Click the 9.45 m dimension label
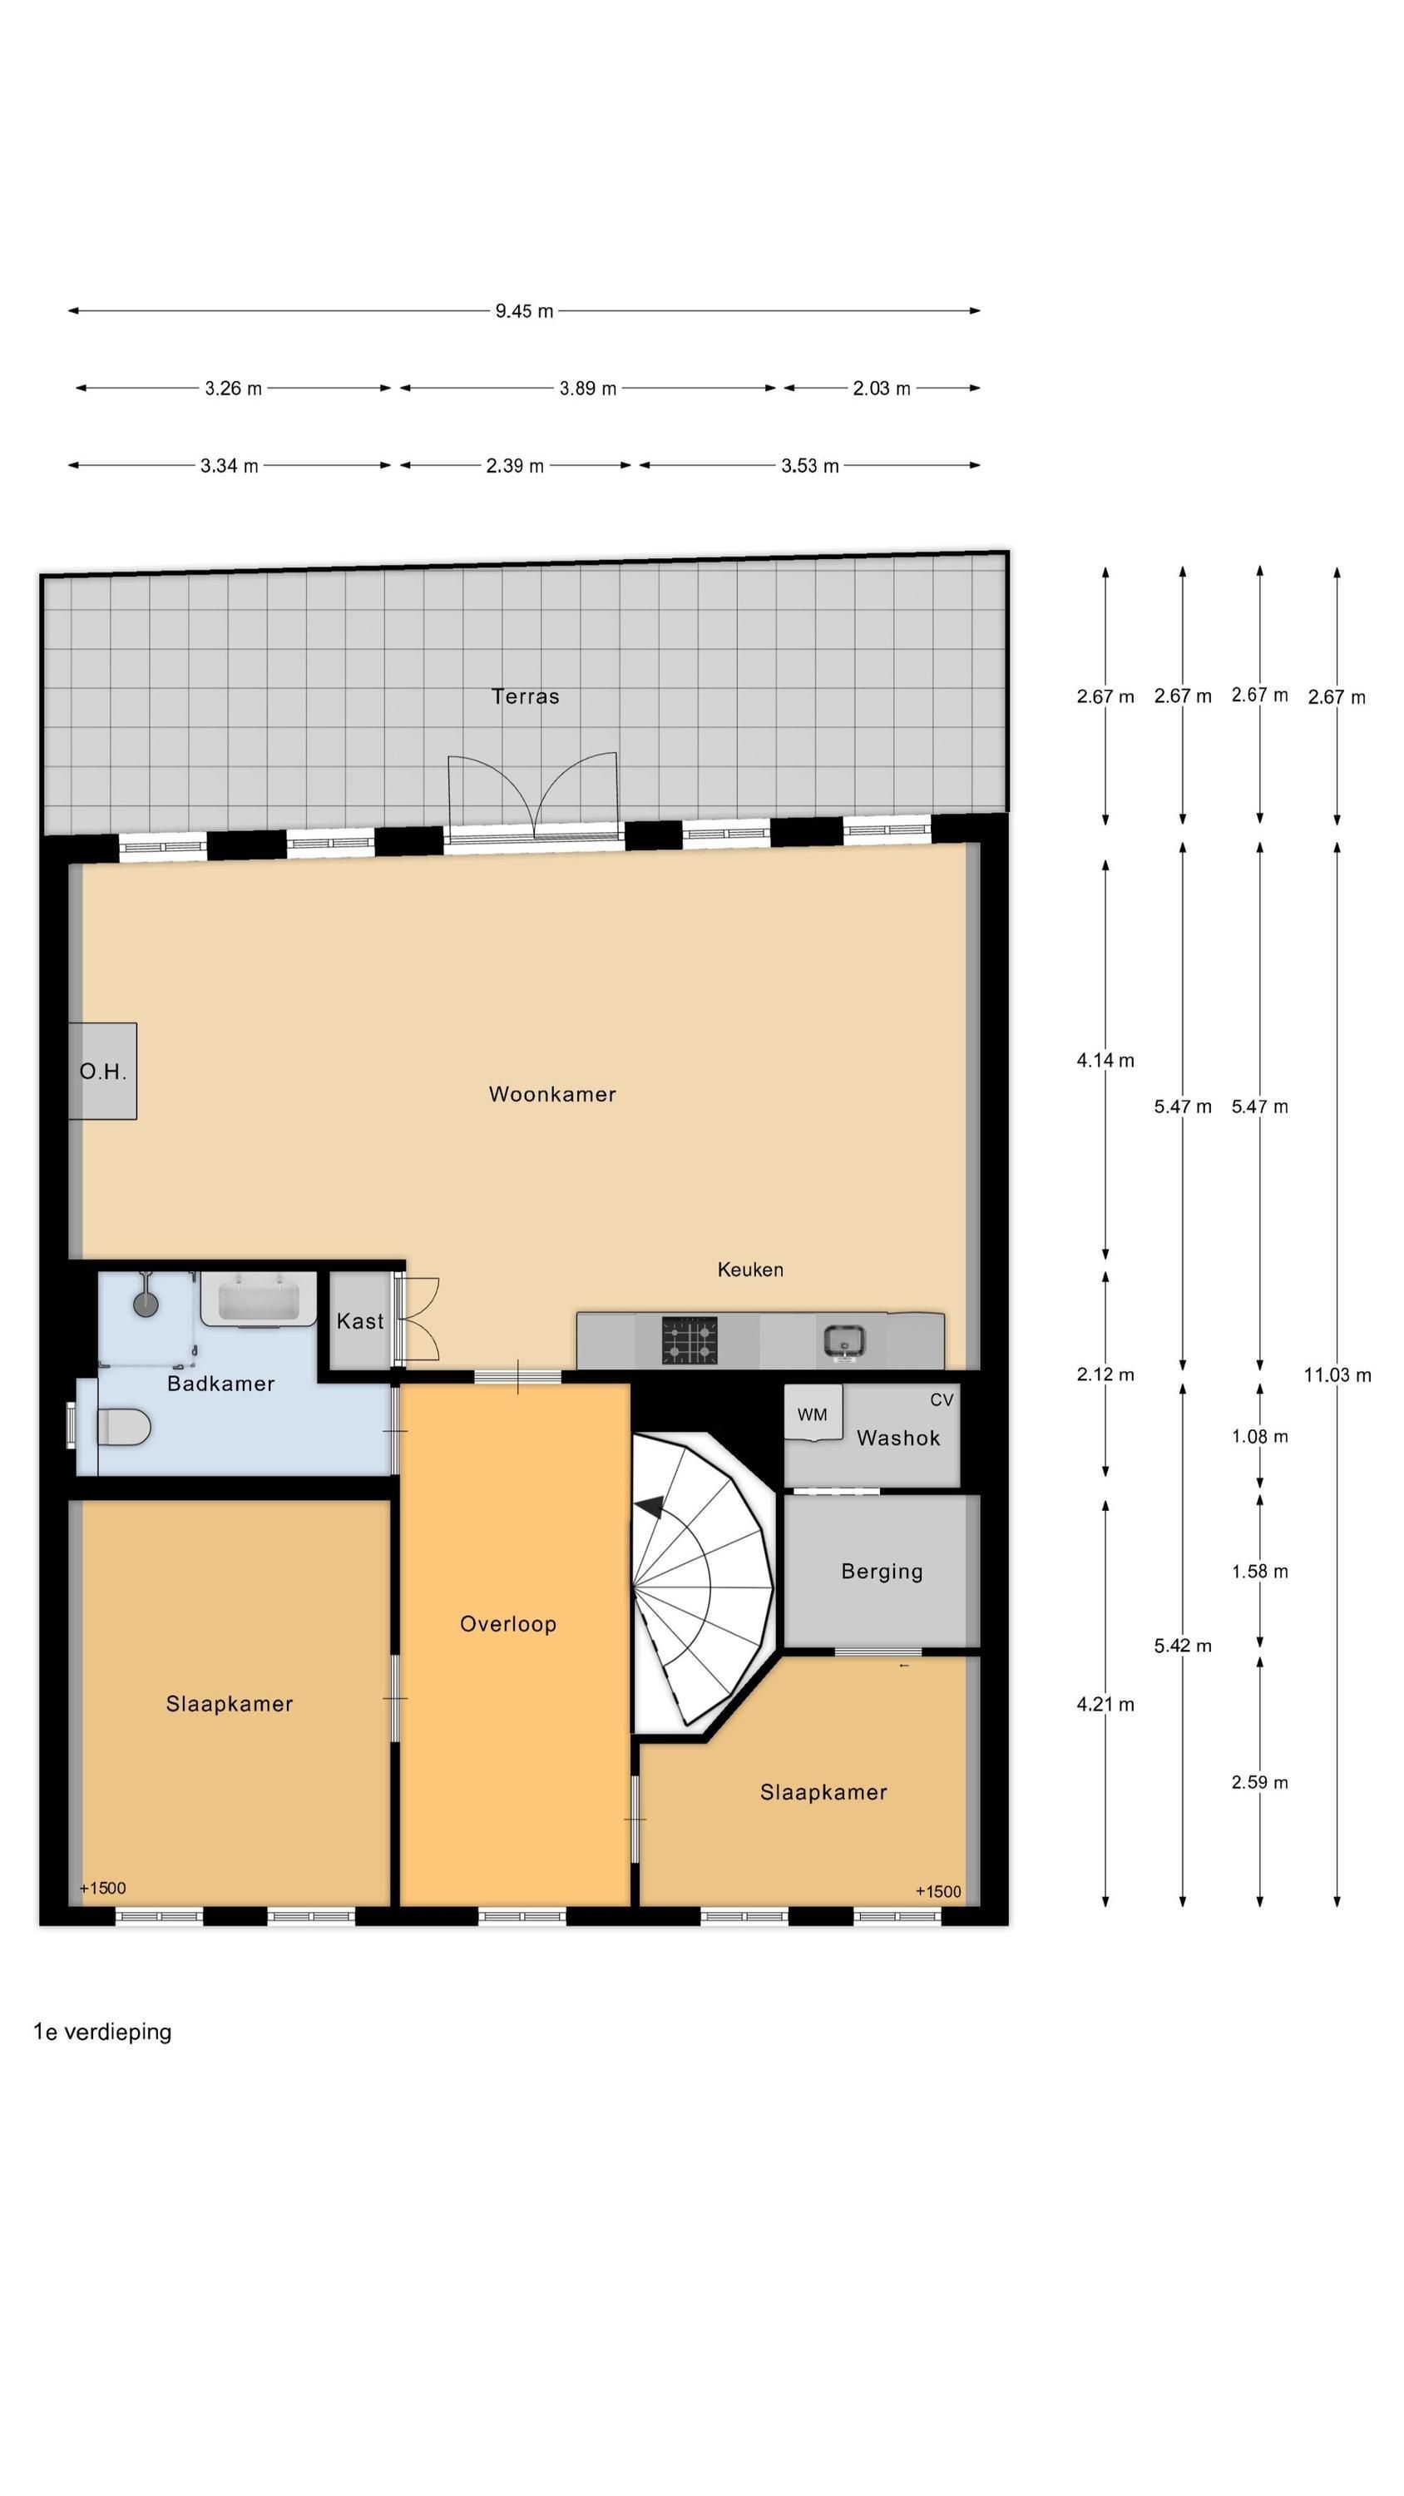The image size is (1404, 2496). point(524,311)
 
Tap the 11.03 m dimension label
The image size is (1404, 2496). point(1336,1374)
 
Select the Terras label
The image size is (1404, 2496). point(525,696)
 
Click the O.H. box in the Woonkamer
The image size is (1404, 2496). point(102,1071)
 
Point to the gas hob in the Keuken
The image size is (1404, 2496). point(689,1340)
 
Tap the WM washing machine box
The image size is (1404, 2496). point(812,1414)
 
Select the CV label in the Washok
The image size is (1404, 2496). point(941,1399)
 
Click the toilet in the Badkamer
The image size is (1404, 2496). point(123,1427)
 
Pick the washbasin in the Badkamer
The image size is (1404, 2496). point(258,1300)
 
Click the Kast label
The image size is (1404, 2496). point(359,1320)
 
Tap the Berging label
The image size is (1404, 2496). point(881,1571)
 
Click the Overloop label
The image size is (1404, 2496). point(507,1624)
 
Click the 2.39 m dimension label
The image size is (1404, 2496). point(515,466)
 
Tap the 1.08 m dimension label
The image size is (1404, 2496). point(1258,1436)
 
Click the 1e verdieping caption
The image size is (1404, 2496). point(102,2032)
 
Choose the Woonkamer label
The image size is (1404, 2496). point(552,1094)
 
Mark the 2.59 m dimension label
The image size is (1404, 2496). point(1258,1782)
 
